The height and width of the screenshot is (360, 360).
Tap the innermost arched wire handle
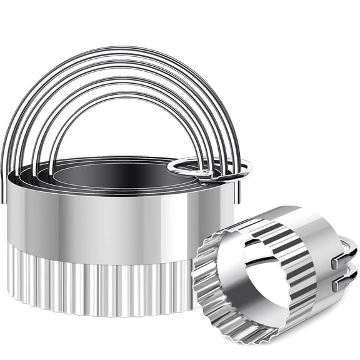tap(125, 97)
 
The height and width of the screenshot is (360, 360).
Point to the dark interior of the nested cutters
tap(119, 172)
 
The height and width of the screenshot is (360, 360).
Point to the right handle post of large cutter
tap(236, 187)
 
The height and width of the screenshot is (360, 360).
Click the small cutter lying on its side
tap(275, 275)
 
